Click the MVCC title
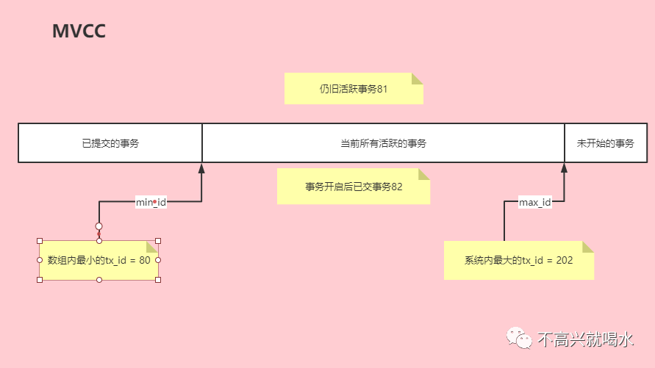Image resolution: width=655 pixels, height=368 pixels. point(79,32)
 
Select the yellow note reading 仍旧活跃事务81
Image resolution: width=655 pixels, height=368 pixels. point(354,88)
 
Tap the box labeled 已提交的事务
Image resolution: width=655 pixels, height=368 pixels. point(110,143)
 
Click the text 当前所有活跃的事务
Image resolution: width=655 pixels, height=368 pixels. point(383,143)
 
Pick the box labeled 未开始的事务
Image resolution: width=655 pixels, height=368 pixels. point(605,143)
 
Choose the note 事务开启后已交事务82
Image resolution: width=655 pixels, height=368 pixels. point(353,187)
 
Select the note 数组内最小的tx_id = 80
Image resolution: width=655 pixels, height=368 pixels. point(99,260)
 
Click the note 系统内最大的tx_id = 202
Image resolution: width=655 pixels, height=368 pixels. point(518,260)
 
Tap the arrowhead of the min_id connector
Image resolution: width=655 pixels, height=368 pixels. point(201,168)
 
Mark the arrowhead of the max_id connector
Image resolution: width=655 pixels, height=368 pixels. point(565,168)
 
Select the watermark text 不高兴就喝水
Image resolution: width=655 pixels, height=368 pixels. point(584,339)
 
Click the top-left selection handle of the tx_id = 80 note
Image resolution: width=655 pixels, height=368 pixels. point(40,240)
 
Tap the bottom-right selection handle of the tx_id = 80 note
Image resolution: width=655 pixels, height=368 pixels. point(158,279)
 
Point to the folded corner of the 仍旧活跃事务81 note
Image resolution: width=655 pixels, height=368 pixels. point(418,79)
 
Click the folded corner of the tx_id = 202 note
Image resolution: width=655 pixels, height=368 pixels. point(587,246)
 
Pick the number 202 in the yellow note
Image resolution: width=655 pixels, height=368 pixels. point(564,260)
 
